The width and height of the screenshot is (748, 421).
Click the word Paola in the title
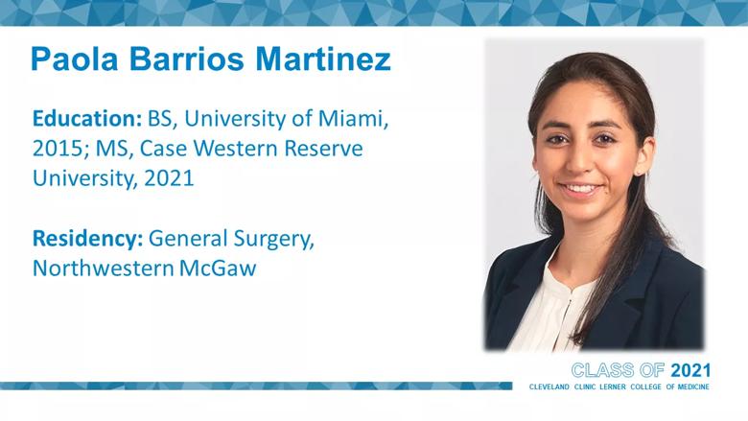[x=74, y=59]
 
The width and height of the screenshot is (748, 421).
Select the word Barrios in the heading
[x=187, y=59]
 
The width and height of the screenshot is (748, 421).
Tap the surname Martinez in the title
[x=323, y=59]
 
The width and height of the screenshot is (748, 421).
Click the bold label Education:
[x=87, y=119]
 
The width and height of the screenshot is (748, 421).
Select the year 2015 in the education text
[x=60, y=149]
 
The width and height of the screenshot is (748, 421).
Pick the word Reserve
[x=324, y=149]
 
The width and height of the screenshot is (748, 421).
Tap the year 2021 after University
[x=170, y=178]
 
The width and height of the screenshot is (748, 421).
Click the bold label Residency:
[x=88, y=239]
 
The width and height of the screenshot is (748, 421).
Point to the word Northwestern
[x=103, y=269]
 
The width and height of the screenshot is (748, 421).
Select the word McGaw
[x=218, y=269]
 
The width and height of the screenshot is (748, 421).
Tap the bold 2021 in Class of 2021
[x=690, y=370]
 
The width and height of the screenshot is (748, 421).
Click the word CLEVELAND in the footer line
[x=549, y=386]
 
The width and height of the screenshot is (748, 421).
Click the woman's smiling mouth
[x=580, y=189]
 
